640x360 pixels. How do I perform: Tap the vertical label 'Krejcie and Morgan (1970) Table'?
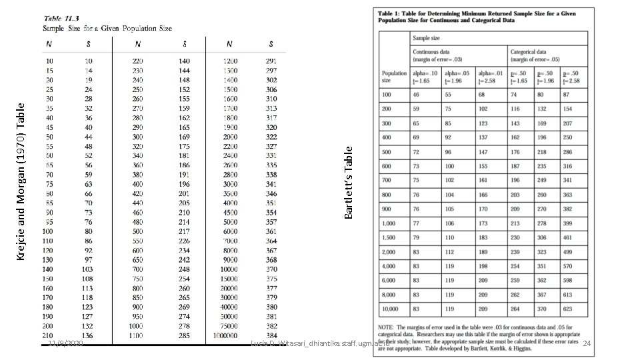(x=21, y=181)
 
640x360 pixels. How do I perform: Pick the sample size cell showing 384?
(x=271, y=336)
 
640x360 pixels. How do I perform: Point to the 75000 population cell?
(x=230, y=327)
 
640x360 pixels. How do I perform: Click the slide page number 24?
(x=587, y=343)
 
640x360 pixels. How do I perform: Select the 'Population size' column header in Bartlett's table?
(x=394, y=76)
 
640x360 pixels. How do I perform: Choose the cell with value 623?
(x=567, y=309)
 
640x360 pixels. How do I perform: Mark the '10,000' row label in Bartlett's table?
(x=390, y=309)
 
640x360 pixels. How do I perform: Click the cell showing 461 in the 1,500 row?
(x=567, y=237)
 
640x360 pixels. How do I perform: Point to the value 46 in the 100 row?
(x=416, y=95)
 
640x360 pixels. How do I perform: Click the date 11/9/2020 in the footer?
(x=65, y=343)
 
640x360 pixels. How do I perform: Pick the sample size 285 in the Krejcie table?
(x=184, y=336)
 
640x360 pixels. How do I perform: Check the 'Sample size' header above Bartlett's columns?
(x=426, y=38)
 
